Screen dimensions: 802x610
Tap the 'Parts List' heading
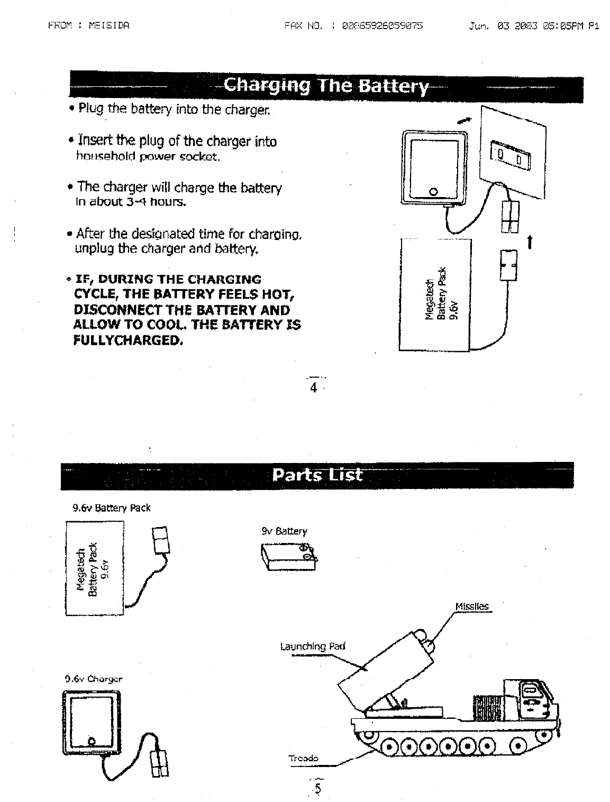(x=317, y=475)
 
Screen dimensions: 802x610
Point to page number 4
(x=313, y=388)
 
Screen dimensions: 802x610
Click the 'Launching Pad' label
(x=312, y=647)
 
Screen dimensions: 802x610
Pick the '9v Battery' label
(x=284, y=531)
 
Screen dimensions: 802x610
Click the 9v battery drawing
(x=289, y=557)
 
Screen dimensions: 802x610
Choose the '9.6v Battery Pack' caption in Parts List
(x=111, y=508)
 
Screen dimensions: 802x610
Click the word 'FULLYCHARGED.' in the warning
(x=128, y=340)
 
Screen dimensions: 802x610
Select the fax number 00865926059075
(x=383, y=25)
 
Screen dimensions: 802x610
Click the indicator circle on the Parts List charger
(x=92, y=740)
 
